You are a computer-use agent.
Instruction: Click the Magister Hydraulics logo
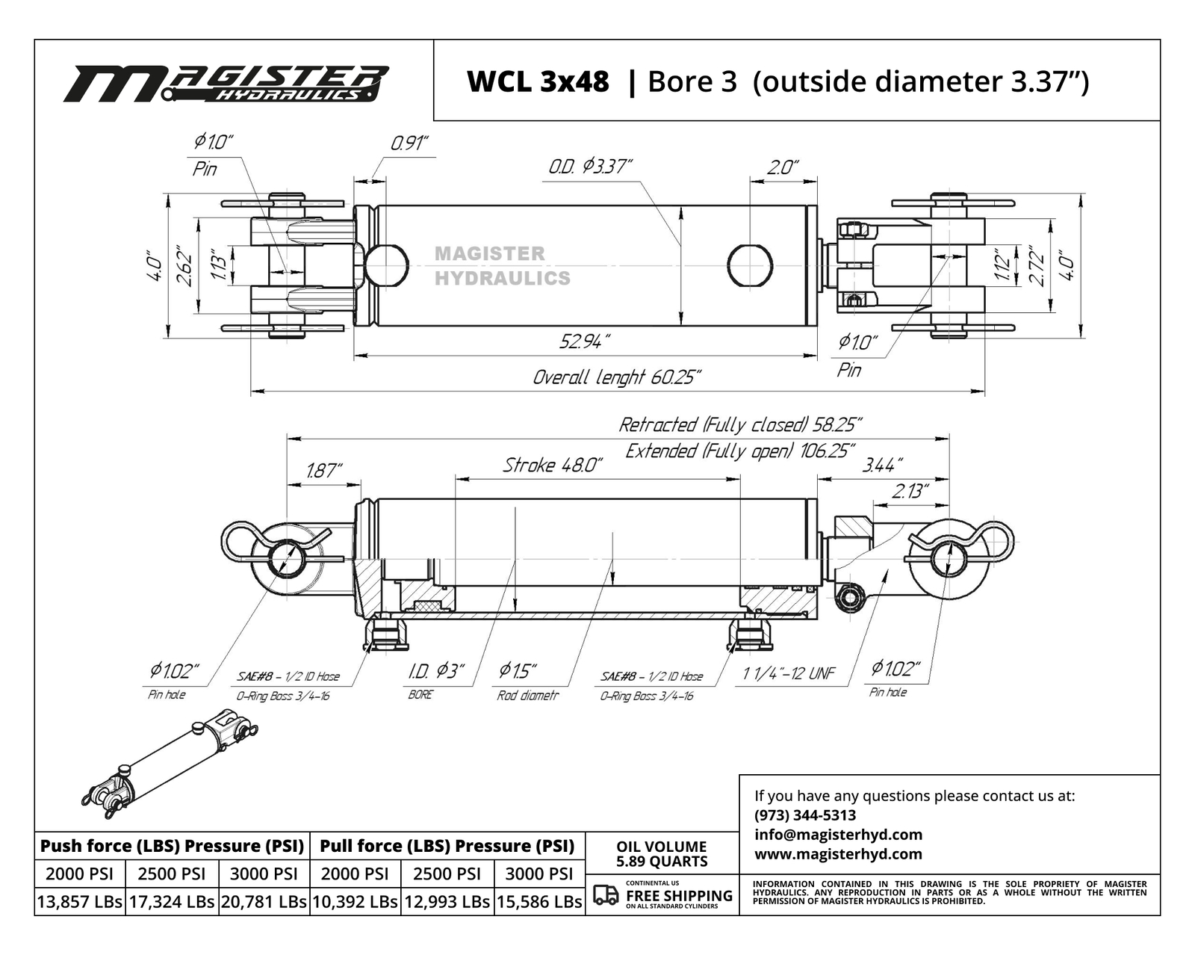pos(226,83)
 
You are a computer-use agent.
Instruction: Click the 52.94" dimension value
pos(584,341)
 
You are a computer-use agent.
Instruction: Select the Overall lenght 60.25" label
pos(617,377)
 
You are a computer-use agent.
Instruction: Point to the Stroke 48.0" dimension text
pos(552,465)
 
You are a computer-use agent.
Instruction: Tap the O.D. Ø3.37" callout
pos(590,166)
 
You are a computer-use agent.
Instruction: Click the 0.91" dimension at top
pos(409,143)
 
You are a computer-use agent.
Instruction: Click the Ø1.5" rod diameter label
pos(518,670)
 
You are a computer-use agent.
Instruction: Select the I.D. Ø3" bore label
pos(436,670)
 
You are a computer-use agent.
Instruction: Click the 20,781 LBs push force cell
pos(264,901)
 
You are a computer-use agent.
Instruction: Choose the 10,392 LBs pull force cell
pos(355,901)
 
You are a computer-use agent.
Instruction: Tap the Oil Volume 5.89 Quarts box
pos(662,853)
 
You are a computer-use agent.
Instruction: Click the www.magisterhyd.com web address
pos(838,854)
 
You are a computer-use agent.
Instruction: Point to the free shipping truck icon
pos(606,894)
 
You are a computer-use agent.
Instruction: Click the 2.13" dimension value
pos(910,491)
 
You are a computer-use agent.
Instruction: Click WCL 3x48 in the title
pos(538,81)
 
